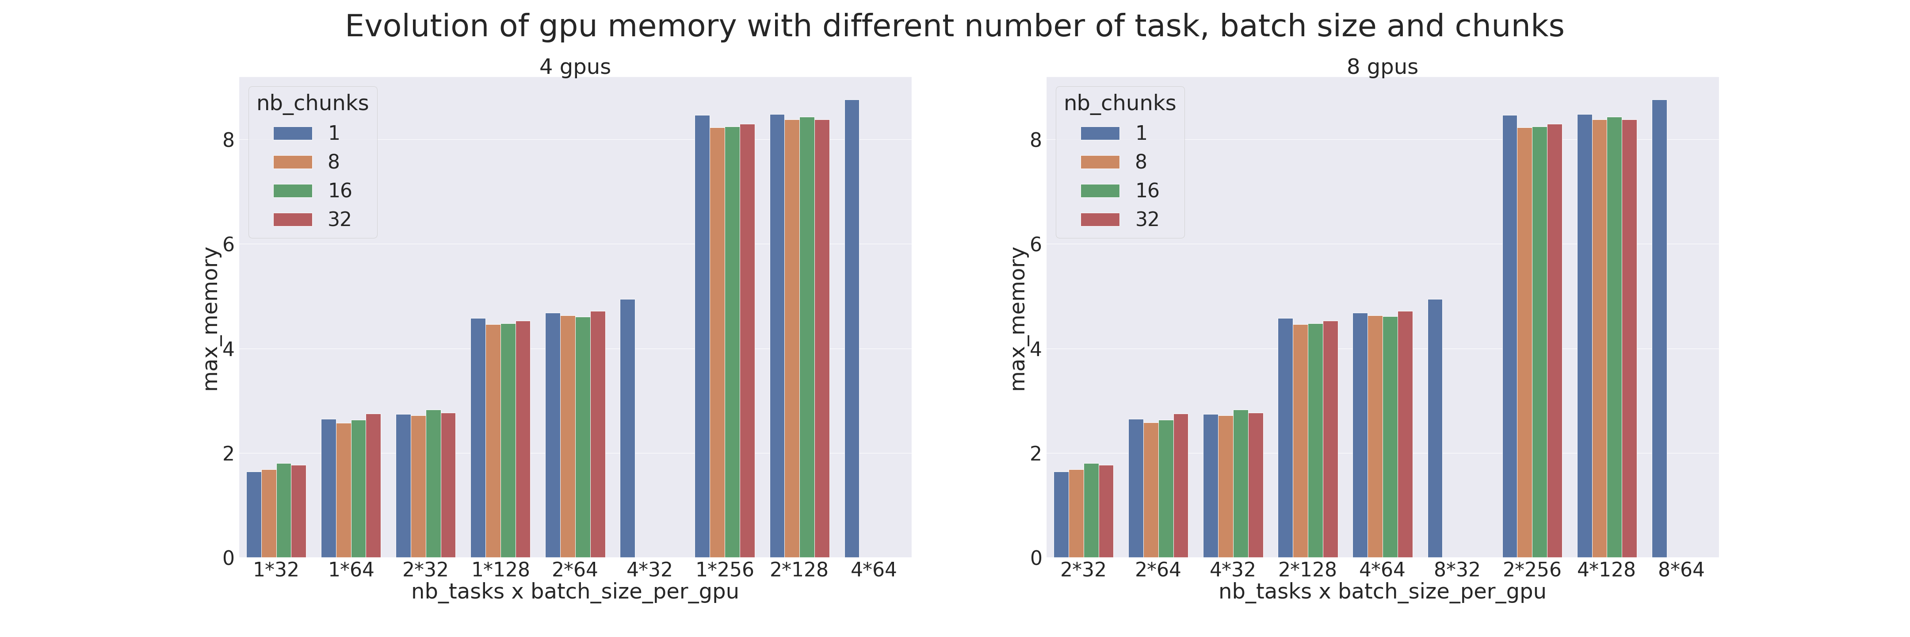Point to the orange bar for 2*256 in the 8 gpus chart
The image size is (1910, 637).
coord(1524,342)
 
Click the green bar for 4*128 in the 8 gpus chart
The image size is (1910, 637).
coord(1614,338)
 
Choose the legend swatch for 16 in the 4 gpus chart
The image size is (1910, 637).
coord(293,191)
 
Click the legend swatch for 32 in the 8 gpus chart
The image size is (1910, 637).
coord(1100,219)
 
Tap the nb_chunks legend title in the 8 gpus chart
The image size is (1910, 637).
coord(1119,103)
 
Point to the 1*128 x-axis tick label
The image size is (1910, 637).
coord(500,569)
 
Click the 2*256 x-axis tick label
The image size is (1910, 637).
coord(1532,569)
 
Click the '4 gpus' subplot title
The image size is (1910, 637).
coord(575,67)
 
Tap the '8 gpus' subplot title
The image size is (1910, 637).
coord(1382,67)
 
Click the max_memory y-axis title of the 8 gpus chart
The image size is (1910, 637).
coord(1018,319)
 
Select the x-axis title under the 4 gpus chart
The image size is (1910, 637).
coord(575,592)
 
